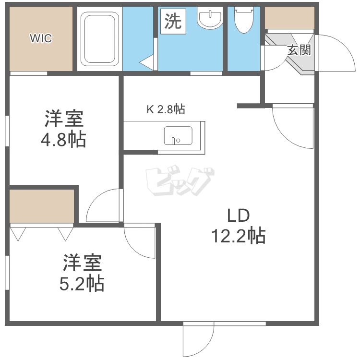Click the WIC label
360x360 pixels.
(x=41, y=38)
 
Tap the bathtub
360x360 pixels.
(x=100, y=39)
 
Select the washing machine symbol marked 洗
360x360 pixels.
(x=173, y=22)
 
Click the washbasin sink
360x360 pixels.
(x=210, y=18)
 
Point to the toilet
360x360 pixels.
(x=243, y=20)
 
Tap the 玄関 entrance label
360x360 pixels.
(x=299, y=50)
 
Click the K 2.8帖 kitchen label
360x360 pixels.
(x=166, y=109)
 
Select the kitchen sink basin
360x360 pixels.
(x=178, y=136)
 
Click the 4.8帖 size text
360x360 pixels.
(x=63, y=139)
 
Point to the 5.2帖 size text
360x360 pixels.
(x=82, y=284)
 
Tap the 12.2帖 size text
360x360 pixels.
(x=238, y=236)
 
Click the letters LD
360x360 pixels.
(x=238, y=216)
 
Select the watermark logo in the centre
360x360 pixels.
(x=180, y=181)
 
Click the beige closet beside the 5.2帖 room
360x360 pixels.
(x=42, y=206)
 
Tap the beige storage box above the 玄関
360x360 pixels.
(x=289, y=18)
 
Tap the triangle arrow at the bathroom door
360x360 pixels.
(x=146, y=62)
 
